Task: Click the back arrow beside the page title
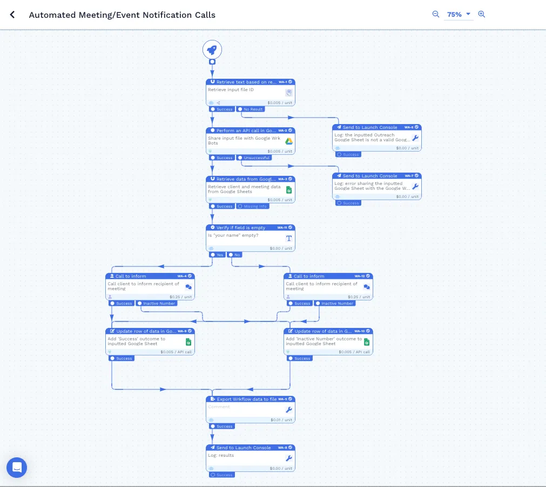coord(12,15)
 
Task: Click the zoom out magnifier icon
coord(436,15)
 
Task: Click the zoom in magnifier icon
coord(482,15)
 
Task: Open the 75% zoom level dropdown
coord(459,15)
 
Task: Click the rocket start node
coord(212,50)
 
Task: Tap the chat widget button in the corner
coord(17,467)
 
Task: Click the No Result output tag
coord(251,109)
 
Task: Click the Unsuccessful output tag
coord(254,158)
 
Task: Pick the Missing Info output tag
coord(253,207)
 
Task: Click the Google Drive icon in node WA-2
coord(289,141)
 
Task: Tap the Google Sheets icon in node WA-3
coord(289,190)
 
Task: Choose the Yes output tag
coord(218,255)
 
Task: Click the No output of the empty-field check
coord(235,255)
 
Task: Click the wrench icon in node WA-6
coord(415,138)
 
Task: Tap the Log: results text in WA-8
coord(222,456)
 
